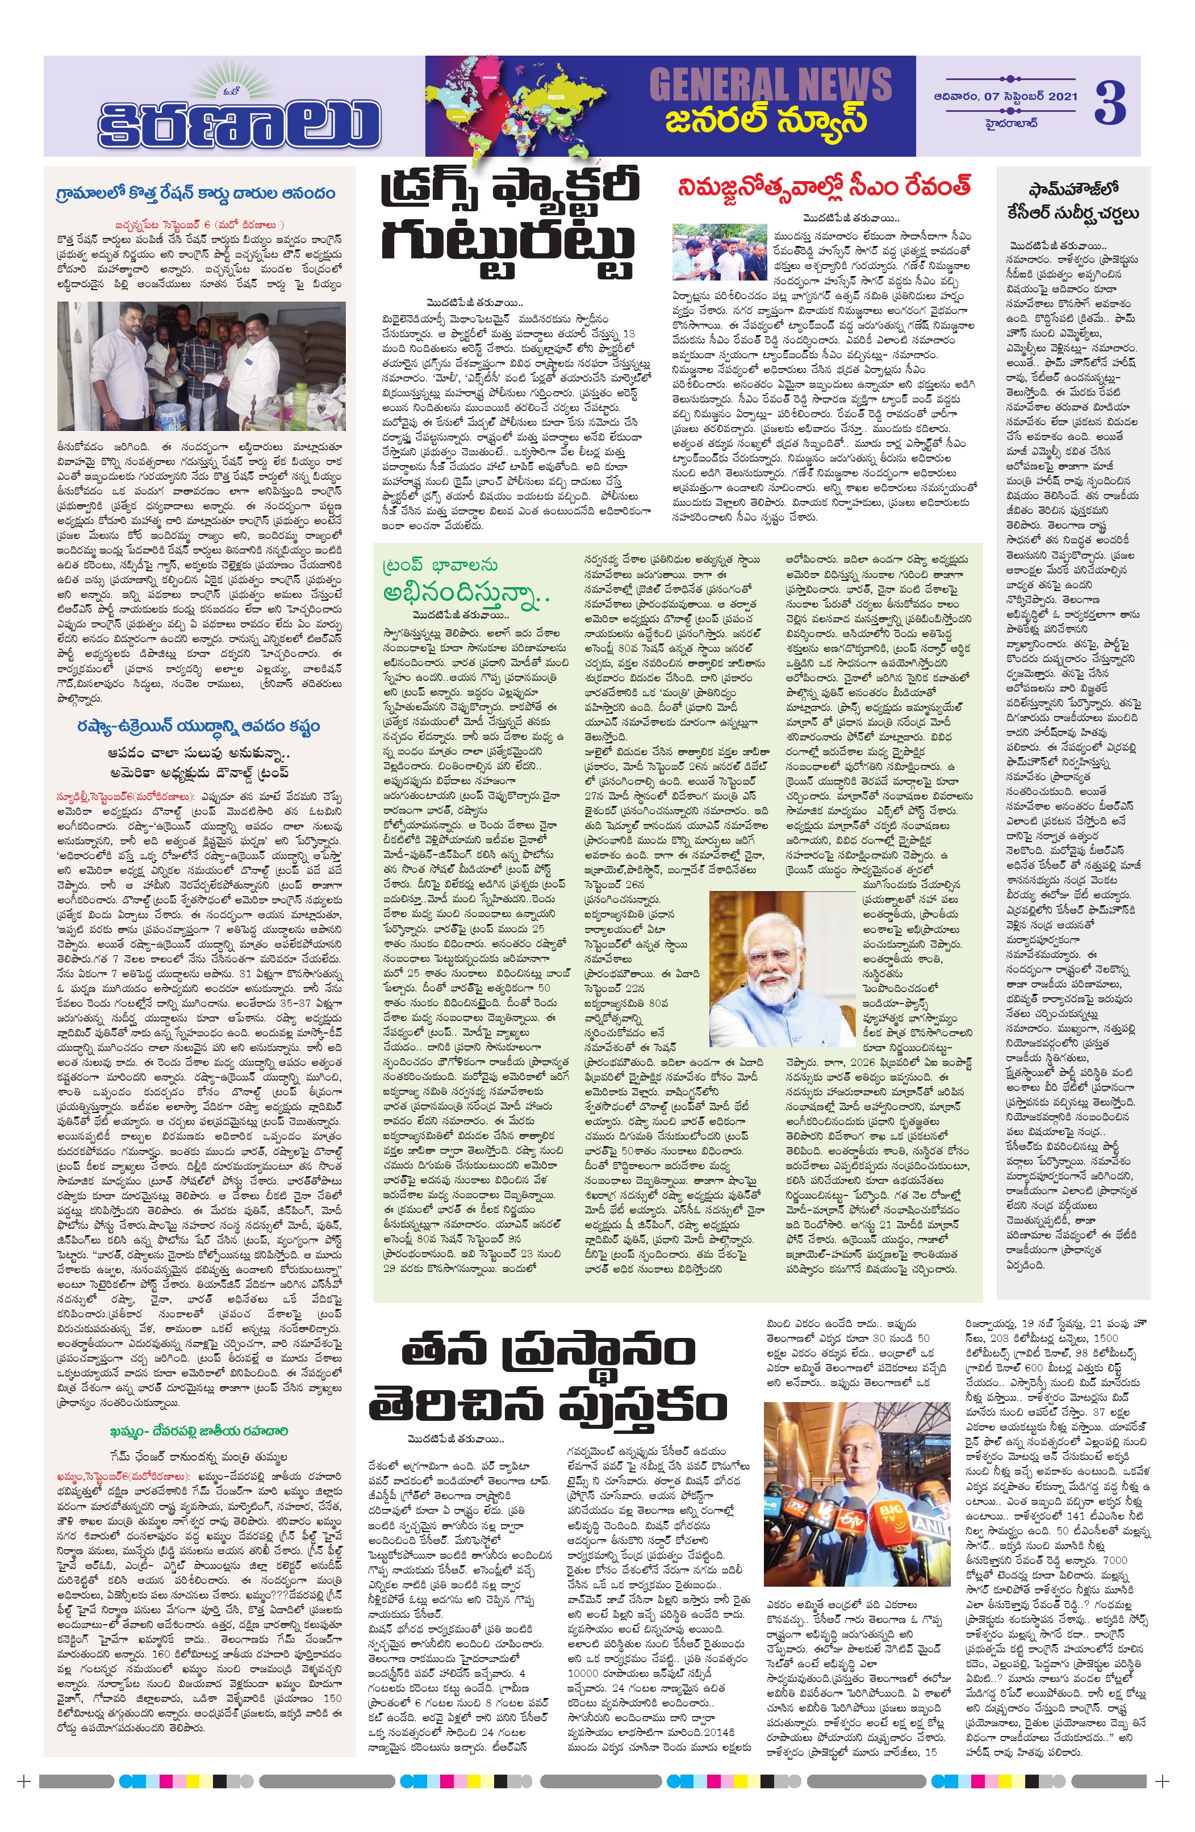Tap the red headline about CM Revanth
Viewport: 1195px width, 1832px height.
click(825, 187)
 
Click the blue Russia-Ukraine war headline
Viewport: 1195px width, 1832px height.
click(198, 726)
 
